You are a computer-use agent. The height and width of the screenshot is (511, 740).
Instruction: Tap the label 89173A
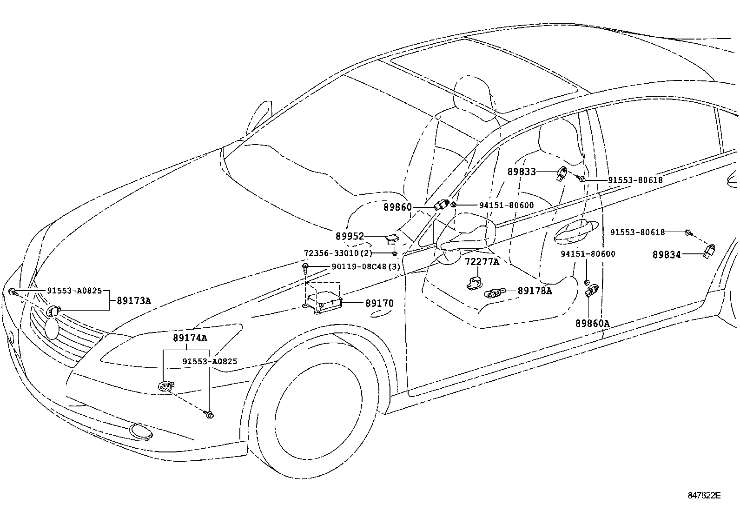click(x=133, y=301)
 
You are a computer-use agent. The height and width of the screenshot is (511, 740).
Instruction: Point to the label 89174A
click(x=190, y=338)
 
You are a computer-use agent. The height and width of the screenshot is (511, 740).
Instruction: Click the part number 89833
click(x=521, y=172)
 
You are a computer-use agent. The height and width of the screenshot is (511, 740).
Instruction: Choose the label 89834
click(x=667, y=254)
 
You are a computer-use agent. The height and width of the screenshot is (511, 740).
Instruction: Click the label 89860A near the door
click(x=592, y=323)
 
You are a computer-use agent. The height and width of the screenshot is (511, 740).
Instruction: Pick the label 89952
click(x=350, y=236)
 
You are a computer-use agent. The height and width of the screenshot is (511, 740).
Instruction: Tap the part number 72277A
click(x=482, y=262)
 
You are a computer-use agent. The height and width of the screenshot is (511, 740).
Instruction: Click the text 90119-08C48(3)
click(x=366, y=267)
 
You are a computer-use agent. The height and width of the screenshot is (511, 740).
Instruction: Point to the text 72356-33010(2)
click(x=338, y=253)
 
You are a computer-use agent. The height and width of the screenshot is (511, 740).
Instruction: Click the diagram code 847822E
click(x=704, y=495)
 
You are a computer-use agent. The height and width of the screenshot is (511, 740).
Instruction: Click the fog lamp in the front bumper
click(x=139, y=431)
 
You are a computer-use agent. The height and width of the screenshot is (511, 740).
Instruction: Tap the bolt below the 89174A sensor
click(x=210, y=414)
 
